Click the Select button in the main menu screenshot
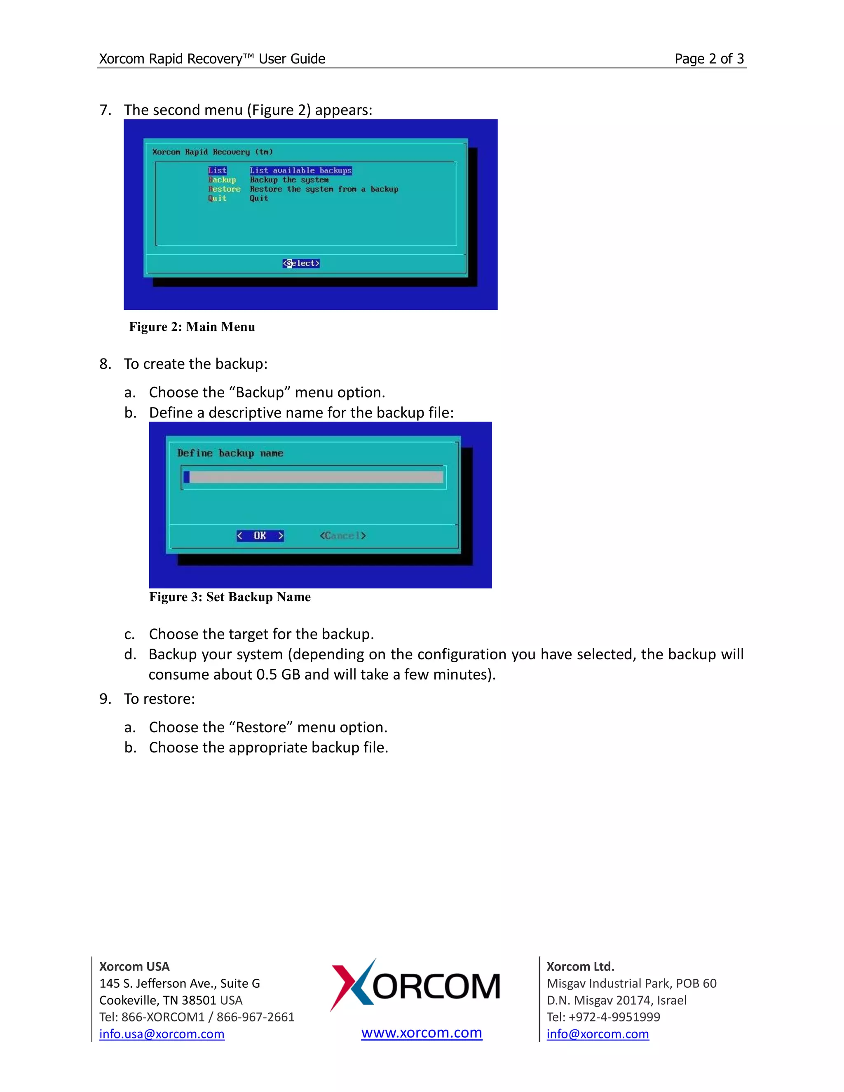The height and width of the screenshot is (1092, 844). pyautogui.click(x=301, y=263)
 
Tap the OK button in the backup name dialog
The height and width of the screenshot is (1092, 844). pyautogui.click(x=260, y=536)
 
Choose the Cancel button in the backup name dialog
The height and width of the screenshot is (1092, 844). pyautogui.click(x=343, y=536)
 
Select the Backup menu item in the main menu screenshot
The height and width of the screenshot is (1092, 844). pyautogui.click(x=222, y=180)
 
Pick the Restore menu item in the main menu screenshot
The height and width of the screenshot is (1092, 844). pyautogui.click(x=225, y=189)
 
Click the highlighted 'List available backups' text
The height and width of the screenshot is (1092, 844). pyautogui.click(x=301, y=171)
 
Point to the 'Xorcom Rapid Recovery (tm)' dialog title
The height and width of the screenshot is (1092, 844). pyautogui.click(x=213, y=152)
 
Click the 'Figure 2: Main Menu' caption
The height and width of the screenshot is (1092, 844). pyautogui.click(x=192, y=327)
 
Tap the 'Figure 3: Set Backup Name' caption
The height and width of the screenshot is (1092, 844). pyautogui.click(x=230, y=597)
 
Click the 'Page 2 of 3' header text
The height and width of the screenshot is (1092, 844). pyautogui.click(x=709, y=59)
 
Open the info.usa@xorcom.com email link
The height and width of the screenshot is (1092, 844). pyautogui.click(x=162, y=1034)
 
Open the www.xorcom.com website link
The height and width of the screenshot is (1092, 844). pyautogui.click(x=422, y=1033)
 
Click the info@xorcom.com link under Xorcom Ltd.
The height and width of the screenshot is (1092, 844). pyautogui.click(x=598, y=1034)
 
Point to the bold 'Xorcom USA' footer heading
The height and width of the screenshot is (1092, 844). pyautogui.click(x=134, y=966)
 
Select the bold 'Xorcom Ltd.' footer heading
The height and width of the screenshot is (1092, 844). pyautogui.click(x=580, y=966)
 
